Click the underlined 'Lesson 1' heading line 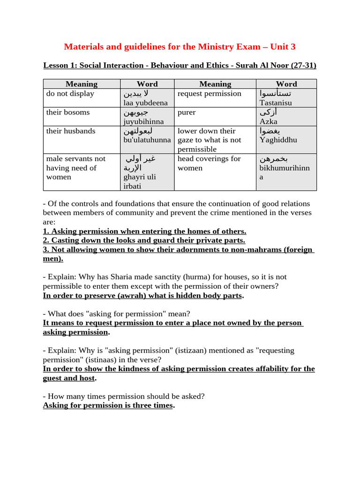coord(180,65)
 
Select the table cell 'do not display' coord(70,93)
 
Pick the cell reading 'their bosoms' coord(68,112)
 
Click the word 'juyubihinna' coord(143,121)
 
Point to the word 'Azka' coord(269,121)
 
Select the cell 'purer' coord(187,112)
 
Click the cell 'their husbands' coord(71,131)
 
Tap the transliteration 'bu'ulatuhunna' coord(147,140)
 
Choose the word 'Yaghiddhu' coord(278,140)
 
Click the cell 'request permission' coord(210,93)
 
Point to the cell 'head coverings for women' coord(209,163)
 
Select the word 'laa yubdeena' coord(145,103)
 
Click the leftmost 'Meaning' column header coord(82,84)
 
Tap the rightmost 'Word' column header coord(286,84)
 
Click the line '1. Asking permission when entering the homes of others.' coord(144,231)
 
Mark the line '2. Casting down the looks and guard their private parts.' coord(144,240)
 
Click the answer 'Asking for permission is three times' coord(108,405)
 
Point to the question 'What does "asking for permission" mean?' coord(119,314)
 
